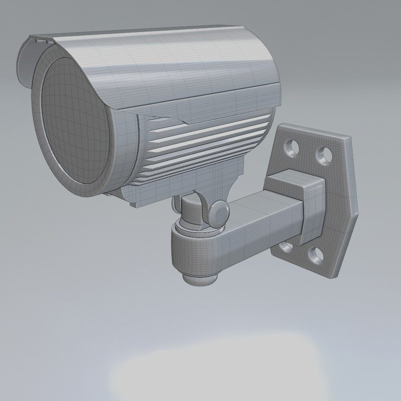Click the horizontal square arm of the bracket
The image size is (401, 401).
pos(257,225)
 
